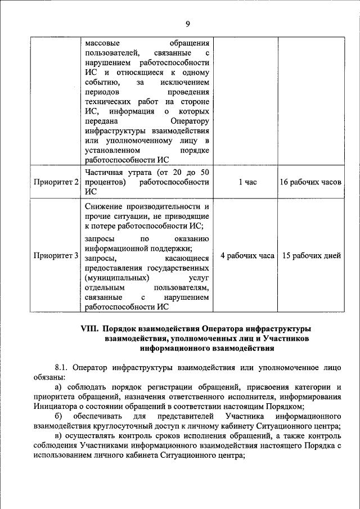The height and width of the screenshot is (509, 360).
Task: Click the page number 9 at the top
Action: point(188,23)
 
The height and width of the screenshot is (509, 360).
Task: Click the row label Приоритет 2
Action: point(55,182)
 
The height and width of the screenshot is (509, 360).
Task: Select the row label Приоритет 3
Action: point(55,256)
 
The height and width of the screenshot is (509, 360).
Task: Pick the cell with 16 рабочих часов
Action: point(310,182)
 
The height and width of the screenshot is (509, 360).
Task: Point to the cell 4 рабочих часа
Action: point(247,256)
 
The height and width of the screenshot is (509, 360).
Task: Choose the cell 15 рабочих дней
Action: point(310,256)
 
